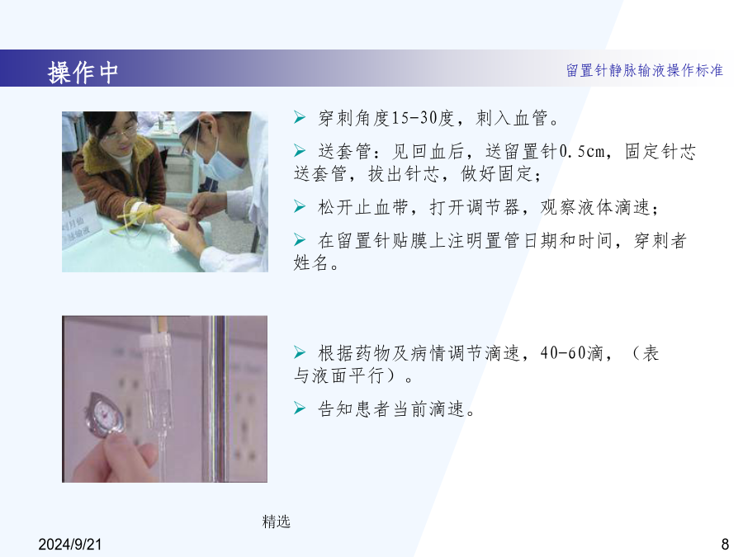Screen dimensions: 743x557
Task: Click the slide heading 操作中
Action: coord(83,73)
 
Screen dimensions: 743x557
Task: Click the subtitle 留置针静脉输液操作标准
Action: coord(645,71)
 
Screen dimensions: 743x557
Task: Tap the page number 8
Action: coord(725,545)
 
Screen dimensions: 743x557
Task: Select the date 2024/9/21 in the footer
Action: coord(70,545)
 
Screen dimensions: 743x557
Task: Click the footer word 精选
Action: coord(277,522)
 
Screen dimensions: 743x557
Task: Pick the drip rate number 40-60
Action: coord(563,353)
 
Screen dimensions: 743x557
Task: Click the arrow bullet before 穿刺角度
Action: coord(300,117)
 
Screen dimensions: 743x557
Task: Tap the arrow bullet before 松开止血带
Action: coord(300,206)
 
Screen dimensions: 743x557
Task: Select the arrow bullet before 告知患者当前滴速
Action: coord(300,408)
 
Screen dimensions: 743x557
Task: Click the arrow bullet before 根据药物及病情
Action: coord(300,352)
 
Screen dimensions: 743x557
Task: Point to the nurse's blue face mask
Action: coord(218,162)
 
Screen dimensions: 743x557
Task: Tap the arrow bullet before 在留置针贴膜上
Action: coord(300,239)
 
